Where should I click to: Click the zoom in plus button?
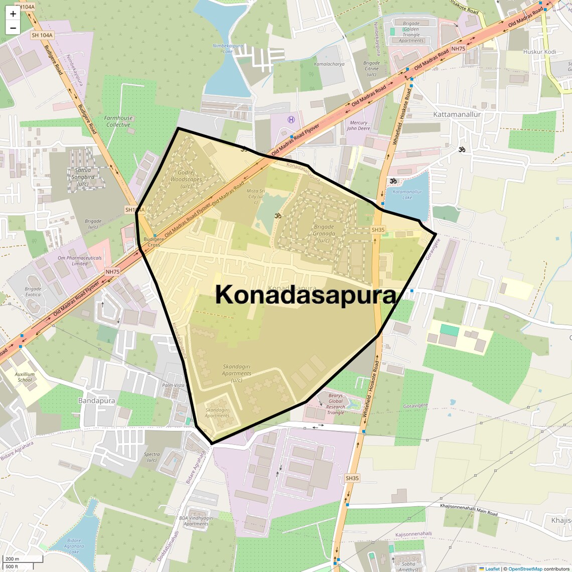click(13, 14)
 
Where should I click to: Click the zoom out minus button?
click(13, 28)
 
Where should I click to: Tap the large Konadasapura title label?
click(306, 295)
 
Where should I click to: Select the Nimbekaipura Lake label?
click(228, 48)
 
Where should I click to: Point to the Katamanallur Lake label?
click(407, 194)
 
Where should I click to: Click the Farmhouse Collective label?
click(118, 121)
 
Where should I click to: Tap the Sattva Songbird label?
click(83, 177)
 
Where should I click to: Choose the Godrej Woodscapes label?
click(186, 179)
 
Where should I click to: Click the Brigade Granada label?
click(324, 233)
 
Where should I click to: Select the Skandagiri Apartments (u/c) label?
click(236, 373)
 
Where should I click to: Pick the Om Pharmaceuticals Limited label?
click(79, 260)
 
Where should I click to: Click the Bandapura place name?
click(96, 401)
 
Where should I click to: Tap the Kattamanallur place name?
click(457, 114)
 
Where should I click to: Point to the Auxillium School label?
click(25, 377)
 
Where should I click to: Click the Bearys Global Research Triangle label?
click(336, 404)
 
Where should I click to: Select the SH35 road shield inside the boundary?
click(378, 230)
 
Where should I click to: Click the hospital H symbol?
click(291, 119)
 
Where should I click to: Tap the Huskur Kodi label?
click(539, 52)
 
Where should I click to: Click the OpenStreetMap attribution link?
click(525, 568)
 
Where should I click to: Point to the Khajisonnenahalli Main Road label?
click(469, 509)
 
